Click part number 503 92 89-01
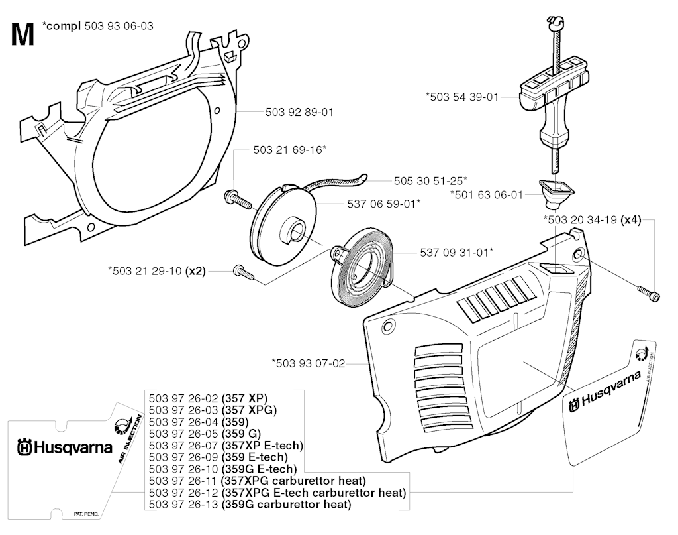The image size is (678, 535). click(299, 112)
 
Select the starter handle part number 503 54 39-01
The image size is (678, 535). click(462, 97)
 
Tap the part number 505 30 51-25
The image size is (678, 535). click(430, 180)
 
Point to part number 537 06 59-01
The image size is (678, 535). click(384, 204)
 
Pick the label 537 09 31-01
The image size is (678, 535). click(457, 252)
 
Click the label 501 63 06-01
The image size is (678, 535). click(487, 195)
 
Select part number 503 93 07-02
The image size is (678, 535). click(309, 363)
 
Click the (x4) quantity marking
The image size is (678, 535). click(631, 220)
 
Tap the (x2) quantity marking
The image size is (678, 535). click(195, 271)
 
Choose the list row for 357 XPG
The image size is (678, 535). click(213, 410)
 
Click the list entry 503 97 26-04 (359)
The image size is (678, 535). click(199, 422)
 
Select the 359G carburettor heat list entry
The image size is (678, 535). click(250, 505)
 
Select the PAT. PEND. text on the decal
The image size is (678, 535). click(86, 514)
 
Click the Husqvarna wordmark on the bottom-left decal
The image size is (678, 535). click(65, 447)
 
